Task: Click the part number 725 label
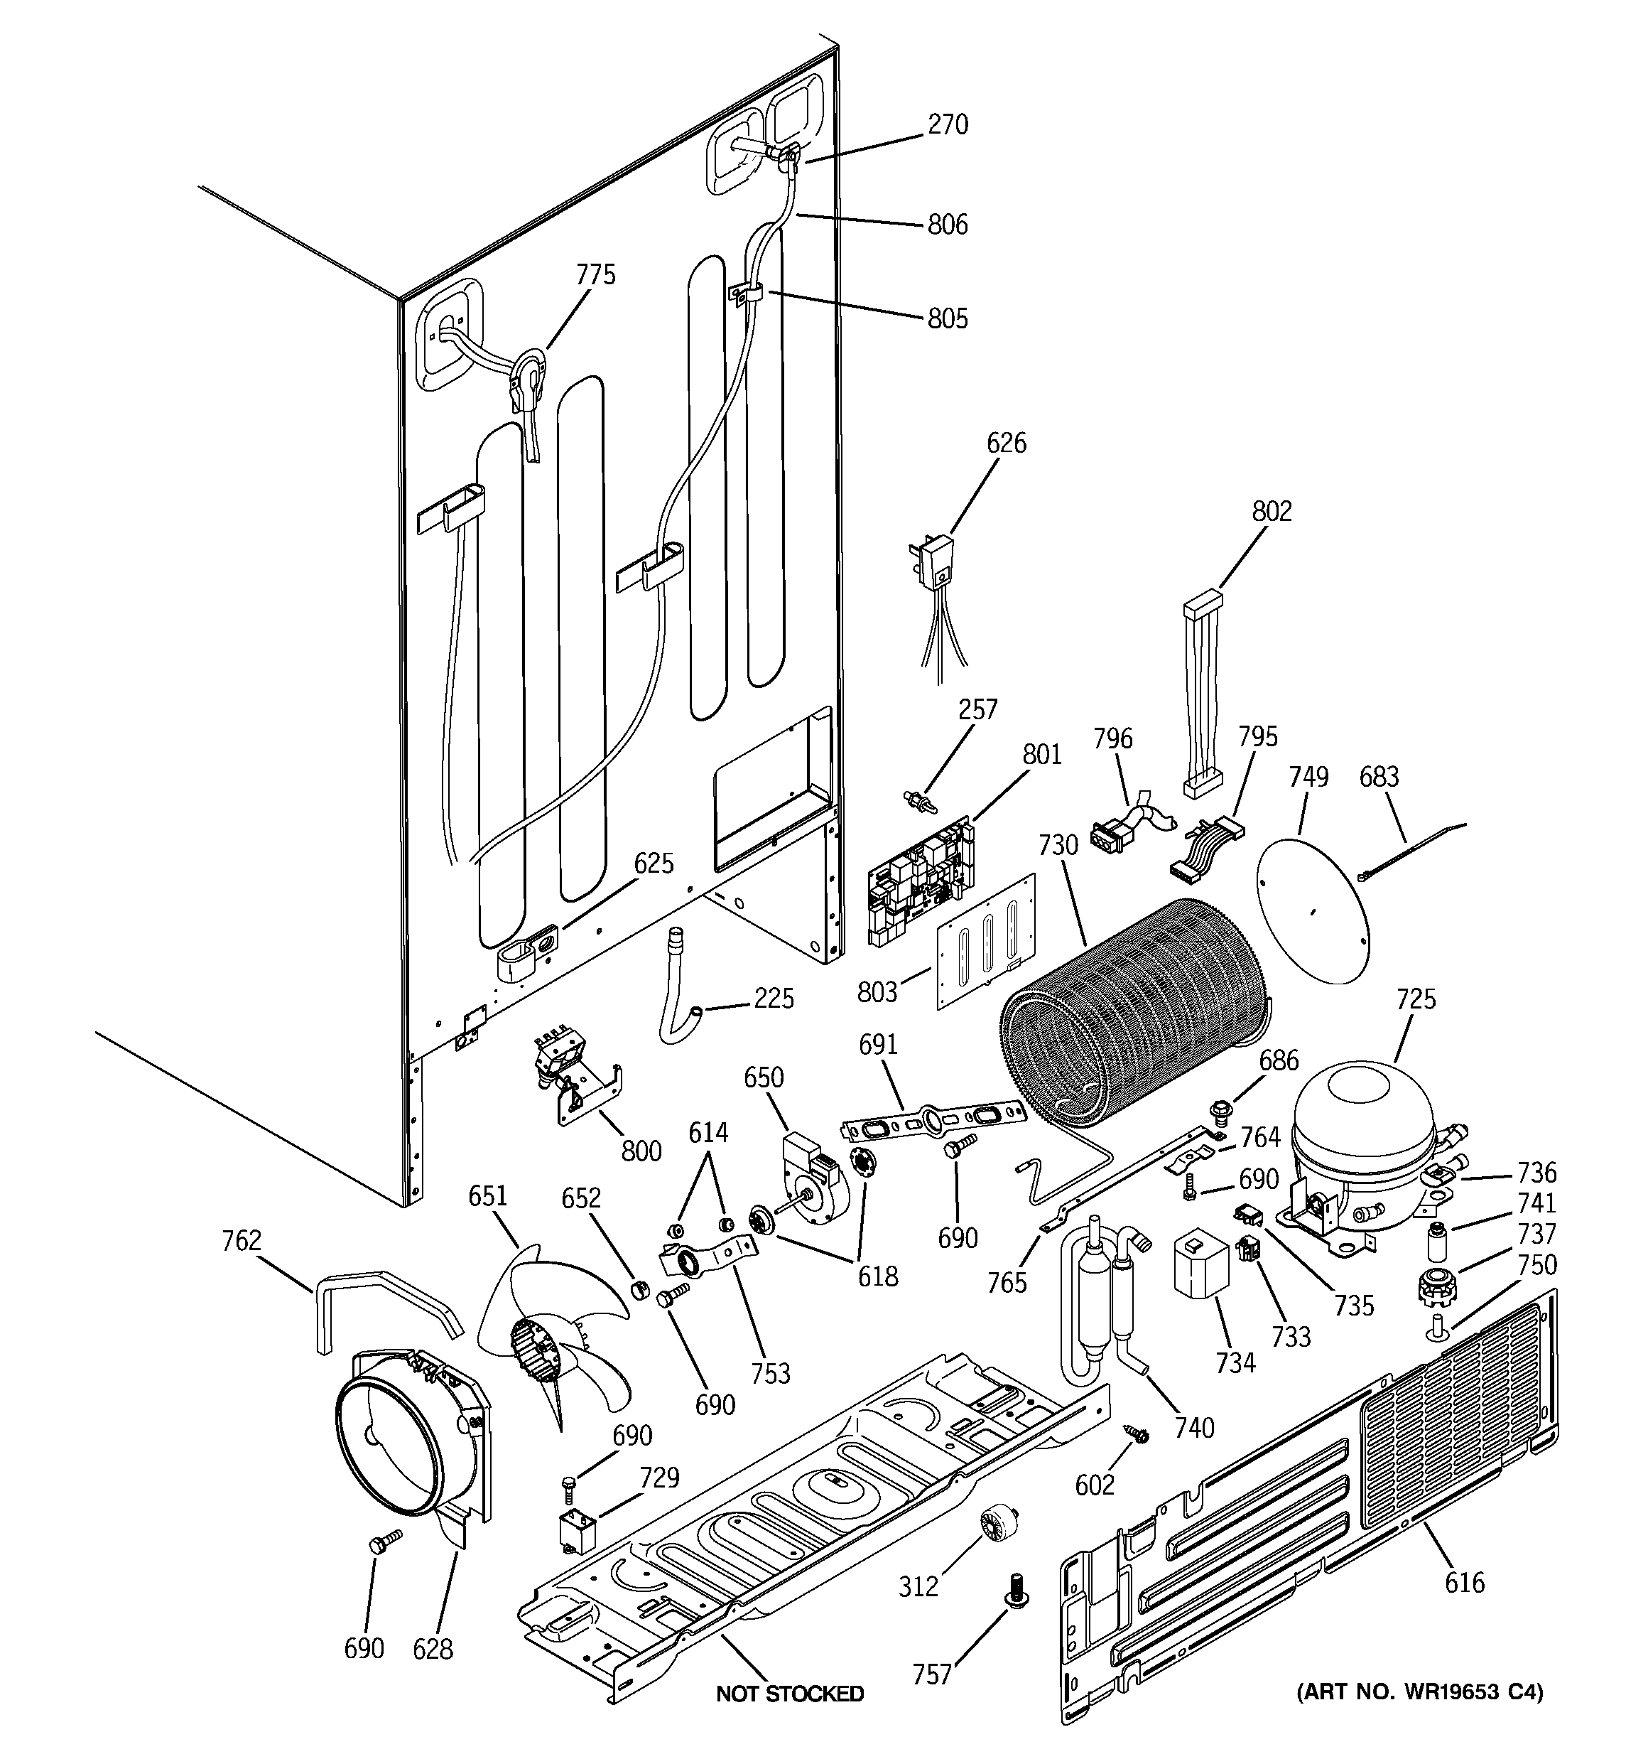(x=1415, y=999)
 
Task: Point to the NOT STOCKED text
(x=789, y=1694)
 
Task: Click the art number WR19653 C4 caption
(x=1419, y=1691)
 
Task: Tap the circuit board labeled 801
(x=920, y=884)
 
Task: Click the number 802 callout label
(x=1272, y=512)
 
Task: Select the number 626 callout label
(x=1006, y=442)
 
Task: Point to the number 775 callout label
(x=595, y=275)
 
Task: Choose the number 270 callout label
(x=948, y=125)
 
